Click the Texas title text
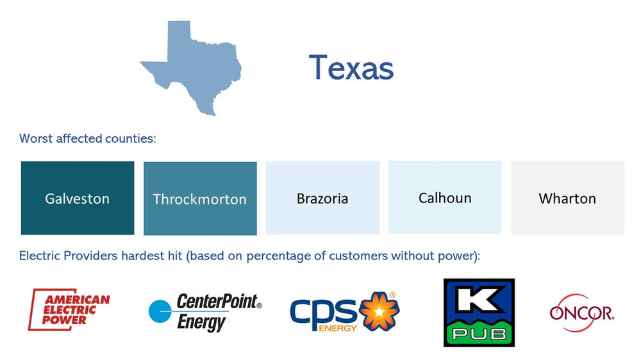pyautogui.click(x=351, y=67)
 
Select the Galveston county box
pyautogui.click(x=78, y=198)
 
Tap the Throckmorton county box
pyautogui.click(x=200, y=199)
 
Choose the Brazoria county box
pyautogui.click(x=322, y=198)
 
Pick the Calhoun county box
pyautogui.click(x=445, y=197)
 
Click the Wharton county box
pyautogui.click(x=567, y=198)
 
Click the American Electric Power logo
pyautogui.click(x=69, y=310)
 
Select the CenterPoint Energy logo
pyautogui.click(x=205, y=312)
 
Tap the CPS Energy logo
pyautogui.click(x=344, y=312)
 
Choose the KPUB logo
pyautogui.click(x=479, y=313)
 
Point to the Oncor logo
pyautogui.click(x=581, y=313)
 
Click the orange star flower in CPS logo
pyautogui.click(x=379, y=311)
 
